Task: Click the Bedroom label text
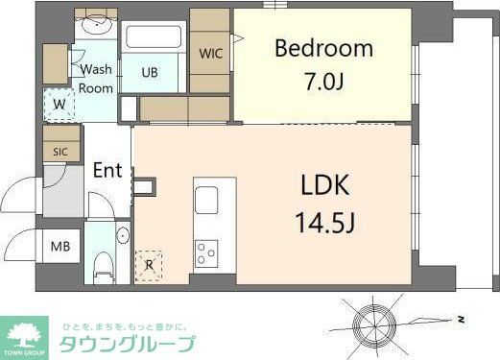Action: tap(323, 48)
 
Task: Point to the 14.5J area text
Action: tap(324, 226)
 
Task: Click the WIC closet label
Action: tap(210, 54)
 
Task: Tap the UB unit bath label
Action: tap(151, 72)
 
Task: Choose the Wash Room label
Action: tap(96, 78)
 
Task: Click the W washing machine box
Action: tap(60, 105)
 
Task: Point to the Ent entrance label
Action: tap(107, 171)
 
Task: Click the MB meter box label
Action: tap(60, 246)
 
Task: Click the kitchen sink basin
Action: tap(207, 202)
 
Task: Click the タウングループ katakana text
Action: tap(128, 344)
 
